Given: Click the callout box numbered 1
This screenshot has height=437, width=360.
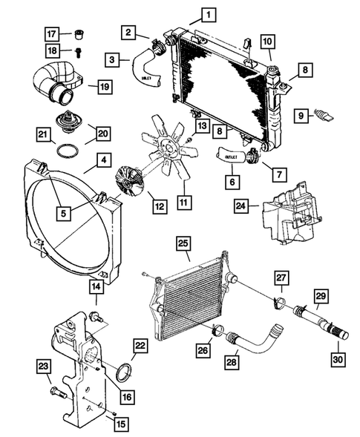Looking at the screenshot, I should point(209,15).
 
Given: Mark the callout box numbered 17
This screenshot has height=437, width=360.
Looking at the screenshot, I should point(51,34).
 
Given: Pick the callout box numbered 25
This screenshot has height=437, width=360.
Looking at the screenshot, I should point(183,243).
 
